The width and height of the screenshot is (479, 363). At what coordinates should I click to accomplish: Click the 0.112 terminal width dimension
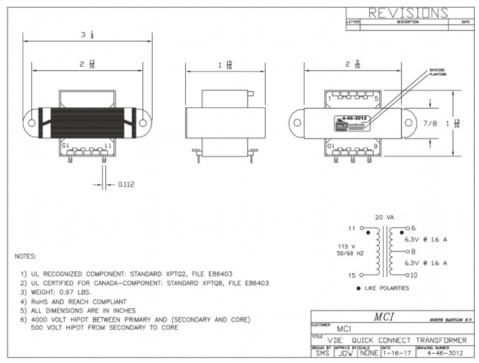pyautogui.click(x=126, y=185)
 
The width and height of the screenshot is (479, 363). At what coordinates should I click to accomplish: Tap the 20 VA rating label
pyautogui.click(x=384, y=217)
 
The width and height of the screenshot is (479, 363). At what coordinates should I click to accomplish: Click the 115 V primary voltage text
pyautogui.click(x=346, y=246)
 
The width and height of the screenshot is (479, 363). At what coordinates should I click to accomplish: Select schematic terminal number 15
pyautogui.click(x=351, y=275)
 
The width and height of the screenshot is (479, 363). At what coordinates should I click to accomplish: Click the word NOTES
pyautogui.click(x=25, y=256)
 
